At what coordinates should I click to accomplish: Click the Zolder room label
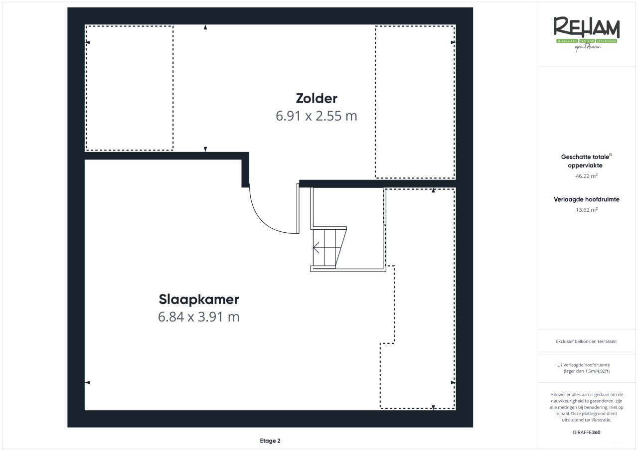click(316, 98)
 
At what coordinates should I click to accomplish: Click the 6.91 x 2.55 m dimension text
click(316, 116)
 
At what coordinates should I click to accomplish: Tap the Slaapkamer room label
click(199, 300)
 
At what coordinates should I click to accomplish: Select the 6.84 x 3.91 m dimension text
click(199, 317)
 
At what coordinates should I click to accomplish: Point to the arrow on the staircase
click(316, 247)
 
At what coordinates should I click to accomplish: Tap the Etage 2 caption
click(270, 441)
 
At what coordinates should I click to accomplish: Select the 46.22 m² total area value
click(587, 176)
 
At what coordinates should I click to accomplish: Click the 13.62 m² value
click(587, 210)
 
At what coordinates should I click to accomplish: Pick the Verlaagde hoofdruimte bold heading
click(587, 199)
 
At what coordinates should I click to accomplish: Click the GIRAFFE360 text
click(587, 432)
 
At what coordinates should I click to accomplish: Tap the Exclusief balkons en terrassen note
click(586, 341)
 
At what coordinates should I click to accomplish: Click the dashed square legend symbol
click(560, 365)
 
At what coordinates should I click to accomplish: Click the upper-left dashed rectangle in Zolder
click(130, 88)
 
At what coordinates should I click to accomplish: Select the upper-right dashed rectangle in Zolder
click(415, 102)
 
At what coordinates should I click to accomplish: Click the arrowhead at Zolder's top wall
click(205, 28)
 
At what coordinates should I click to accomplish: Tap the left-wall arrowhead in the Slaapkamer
click(87, 382)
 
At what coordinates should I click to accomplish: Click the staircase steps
click(329, 248)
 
